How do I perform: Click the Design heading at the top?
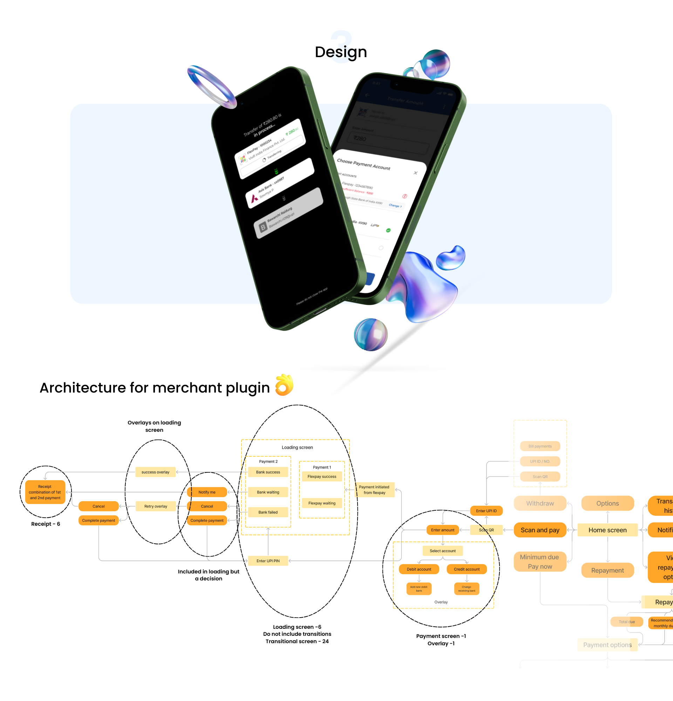(x=340, y=52)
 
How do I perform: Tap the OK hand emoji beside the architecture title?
(x=284, y=385)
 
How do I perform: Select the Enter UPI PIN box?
(x=268, y=561)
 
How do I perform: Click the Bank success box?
(x=268, y=472)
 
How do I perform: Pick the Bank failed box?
(x=268, y=512)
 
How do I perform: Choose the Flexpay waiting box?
(x=322, y=503)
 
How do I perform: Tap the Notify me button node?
(x=207, y=492)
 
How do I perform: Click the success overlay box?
(x=155, y=472)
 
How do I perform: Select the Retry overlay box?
(x=156, y=506)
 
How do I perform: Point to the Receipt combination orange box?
(x=45, y=492)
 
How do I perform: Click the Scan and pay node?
(x=540, y=530)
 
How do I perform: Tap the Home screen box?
(x=607, y=530)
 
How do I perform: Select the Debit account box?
(x=419, y=569)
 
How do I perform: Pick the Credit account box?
(x=467, y=569)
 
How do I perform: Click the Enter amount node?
(x=442, y=530)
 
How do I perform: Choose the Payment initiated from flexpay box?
(x=374, y=490)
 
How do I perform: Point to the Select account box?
(x=442, y=551)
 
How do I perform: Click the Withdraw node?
(x=540, y=503)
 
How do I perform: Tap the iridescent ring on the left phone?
(x=212, y=87)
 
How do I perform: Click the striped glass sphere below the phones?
(x=371, y=335)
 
